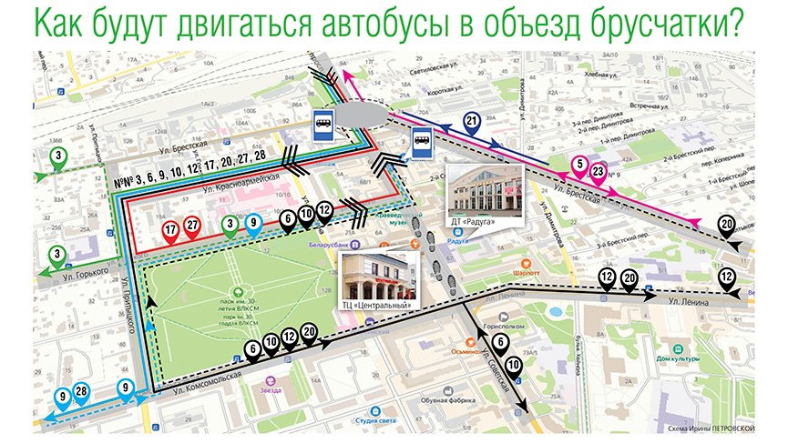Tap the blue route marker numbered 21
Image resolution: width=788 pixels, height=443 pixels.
pos(472,123)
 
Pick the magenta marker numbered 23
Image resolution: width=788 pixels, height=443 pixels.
pos(598,170)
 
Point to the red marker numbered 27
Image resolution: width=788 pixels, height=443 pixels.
pos(192,227)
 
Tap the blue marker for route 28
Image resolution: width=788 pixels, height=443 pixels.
pos(81,392)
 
